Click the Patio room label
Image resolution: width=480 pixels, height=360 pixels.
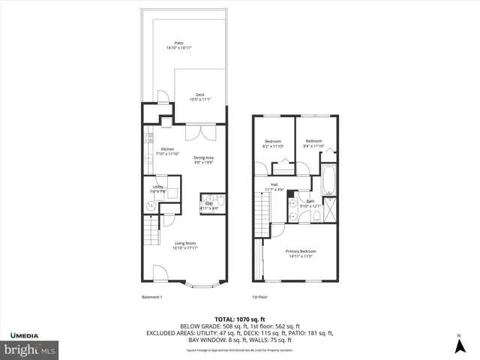tap(178, 46)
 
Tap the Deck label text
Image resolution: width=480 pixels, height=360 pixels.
tap(200, 97)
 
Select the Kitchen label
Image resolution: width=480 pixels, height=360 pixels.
tap(167, 151)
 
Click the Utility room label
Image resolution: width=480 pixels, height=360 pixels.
tap(158, 189)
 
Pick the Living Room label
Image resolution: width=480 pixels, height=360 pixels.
tap(185, 245)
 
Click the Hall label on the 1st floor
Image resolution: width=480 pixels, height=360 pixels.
tap(275, 187)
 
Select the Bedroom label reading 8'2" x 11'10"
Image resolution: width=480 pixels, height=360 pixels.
tap(272, 143)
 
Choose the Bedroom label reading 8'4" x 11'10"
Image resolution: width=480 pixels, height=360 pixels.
tap(313, 143)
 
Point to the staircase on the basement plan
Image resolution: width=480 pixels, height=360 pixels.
tap(152, 227)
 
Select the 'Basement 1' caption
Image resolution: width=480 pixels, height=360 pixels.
tap(152, 298)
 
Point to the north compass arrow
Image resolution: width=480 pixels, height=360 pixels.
tap(459, 346)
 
